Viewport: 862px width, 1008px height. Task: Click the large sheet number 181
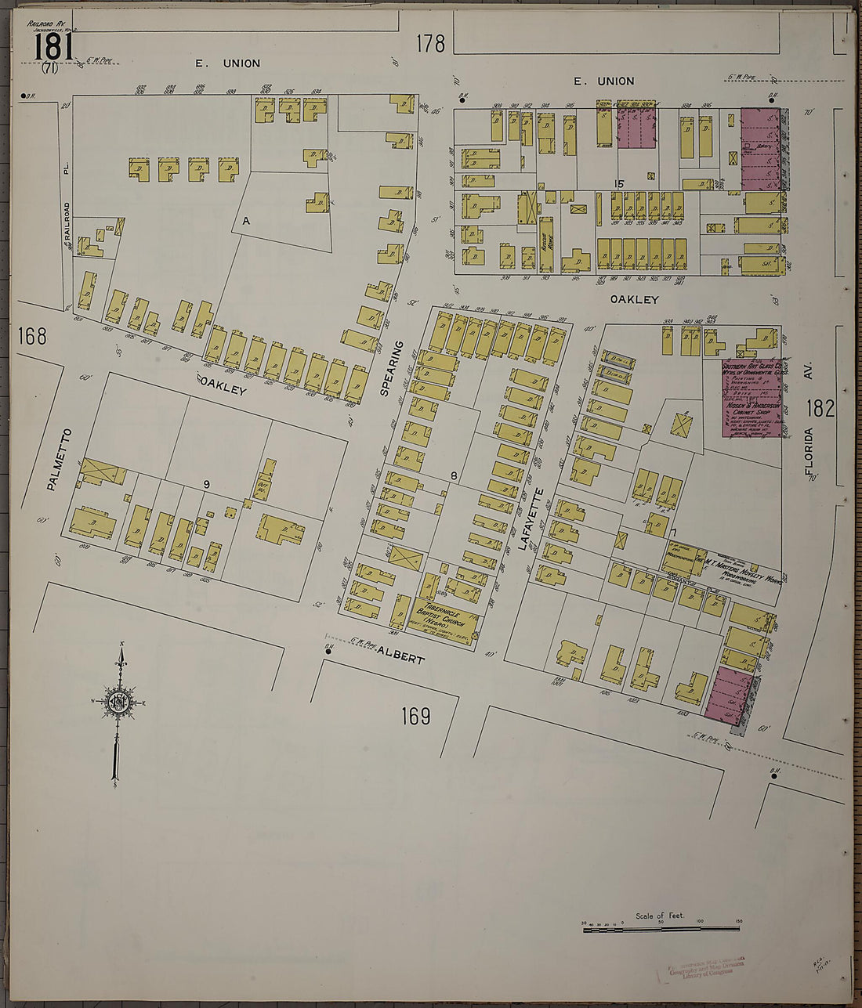click(x=53, y=45)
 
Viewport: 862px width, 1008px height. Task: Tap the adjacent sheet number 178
click(x=430, y=43)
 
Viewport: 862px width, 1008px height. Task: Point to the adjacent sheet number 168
click(x=32, y=337)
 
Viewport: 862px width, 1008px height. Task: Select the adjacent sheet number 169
click(x=415, y=716)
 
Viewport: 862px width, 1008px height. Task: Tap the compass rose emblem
click(x=119, y=703)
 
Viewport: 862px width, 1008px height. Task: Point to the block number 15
click(x=618, y=183)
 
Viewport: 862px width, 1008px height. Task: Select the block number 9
click(x=206, y=485)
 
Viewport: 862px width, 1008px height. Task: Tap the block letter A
click(x=245, y=222)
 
